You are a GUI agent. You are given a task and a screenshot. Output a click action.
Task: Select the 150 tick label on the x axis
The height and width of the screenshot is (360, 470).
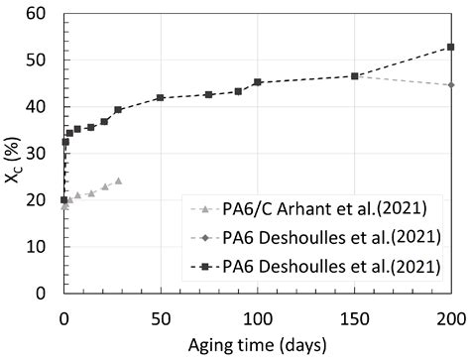(x=354, y=317)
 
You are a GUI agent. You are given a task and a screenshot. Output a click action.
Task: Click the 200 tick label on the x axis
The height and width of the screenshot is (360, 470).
(x=451, y=317)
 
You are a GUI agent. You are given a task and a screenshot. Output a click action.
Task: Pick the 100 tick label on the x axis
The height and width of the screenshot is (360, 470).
(x=258, y=317)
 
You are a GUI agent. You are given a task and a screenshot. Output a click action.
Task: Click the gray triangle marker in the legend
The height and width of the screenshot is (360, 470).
(x=204, y=210)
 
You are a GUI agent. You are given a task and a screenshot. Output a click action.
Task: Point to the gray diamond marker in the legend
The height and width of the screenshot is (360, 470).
(x=204, y=237)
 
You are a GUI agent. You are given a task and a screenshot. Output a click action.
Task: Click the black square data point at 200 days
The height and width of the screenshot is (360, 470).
(x=451, y=47)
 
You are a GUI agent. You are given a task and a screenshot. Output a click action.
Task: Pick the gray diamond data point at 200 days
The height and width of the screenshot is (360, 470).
(x=451, y=84)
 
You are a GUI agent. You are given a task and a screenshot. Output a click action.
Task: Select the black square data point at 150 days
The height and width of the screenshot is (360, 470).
(x=354, y=75)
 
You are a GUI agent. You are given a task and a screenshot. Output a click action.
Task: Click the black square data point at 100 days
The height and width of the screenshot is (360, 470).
(x=258, y=82)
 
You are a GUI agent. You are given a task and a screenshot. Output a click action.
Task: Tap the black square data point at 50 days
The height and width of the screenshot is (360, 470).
(x=161, y=97)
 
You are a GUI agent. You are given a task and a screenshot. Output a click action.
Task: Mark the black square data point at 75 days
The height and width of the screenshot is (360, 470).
(x=209, y=94)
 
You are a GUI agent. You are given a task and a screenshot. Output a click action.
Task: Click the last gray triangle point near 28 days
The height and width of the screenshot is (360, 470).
(x=118, y=180)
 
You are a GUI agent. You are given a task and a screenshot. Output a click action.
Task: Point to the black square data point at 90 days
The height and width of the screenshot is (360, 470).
(x=238, y=91)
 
